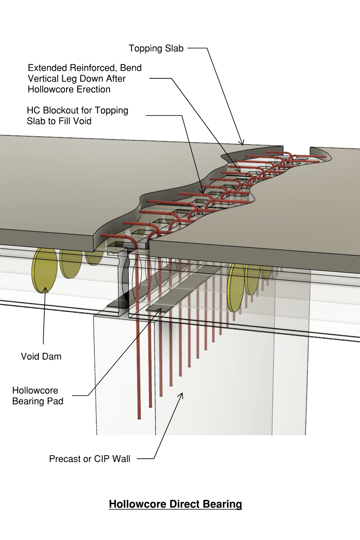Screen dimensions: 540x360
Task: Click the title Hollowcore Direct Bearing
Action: (175, 504)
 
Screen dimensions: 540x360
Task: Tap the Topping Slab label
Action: (156, 48)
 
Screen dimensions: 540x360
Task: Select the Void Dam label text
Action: (41, 356)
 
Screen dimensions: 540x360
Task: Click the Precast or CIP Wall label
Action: (90, 459)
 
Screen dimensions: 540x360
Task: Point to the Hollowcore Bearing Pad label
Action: (38, 396)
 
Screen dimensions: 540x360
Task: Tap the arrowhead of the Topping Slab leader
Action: (242, 144)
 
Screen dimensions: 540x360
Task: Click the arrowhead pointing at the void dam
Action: (45, 289)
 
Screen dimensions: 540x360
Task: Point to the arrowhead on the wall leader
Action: (182, 394)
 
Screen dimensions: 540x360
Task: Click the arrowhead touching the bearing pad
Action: (160, 310)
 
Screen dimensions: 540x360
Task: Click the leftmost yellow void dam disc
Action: (44, 270)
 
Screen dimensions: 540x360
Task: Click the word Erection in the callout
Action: (94, 89)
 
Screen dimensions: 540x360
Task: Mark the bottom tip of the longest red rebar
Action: (139, 418)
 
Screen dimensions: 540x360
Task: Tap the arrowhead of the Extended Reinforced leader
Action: (239, 171)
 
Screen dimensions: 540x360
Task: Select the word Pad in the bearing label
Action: (55, 401)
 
